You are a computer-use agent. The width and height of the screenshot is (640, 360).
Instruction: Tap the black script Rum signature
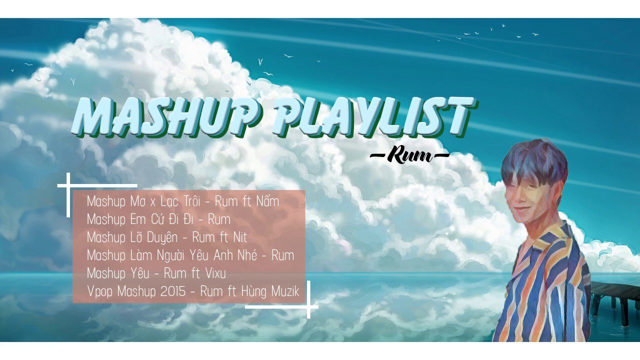409,155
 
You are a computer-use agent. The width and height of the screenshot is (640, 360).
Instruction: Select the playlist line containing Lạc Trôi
183,201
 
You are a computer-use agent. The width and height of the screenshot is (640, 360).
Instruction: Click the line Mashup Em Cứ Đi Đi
158,219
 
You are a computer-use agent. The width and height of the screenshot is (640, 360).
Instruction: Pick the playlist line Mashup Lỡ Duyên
167,237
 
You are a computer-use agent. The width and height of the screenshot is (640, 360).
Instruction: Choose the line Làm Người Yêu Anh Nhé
190,255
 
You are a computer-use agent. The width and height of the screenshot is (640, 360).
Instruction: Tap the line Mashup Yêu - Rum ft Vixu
156,273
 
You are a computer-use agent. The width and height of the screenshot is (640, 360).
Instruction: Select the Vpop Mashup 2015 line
192,291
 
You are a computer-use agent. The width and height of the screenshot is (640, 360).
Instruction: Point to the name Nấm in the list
267,201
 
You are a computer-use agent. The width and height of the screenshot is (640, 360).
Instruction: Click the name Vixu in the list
215,273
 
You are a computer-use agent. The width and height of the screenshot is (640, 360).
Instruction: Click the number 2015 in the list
173,291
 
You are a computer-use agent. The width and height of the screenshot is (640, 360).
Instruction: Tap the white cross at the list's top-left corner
68,185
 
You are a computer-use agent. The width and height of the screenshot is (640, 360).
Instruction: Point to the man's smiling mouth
519,208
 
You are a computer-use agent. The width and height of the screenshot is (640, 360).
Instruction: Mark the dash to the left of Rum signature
378,155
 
